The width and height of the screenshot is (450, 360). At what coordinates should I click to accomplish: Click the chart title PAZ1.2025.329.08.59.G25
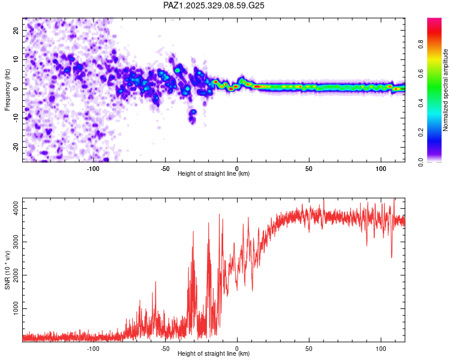pyautogui.click(x=214, y=5)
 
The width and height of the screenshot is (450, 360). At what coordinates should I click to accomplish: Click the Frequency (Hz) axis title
pyautogui.click(x=7, y=91)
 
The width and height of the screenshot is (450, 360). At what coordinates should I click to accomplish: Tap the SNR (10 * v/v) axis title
pyautogui.click(x=7, y=271)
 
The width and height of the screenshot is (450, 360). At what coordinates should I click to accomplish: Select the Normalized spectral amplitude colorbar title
pyautogui.click(x=446, y=90)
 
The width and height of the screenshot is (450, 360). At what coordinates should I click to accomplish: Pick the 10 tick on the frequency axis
pyautogui.click(x=16, y=59)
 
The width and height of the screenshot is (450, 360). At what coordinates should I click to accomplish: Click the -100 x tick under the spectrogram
pyautogui.click(x=93, y=168)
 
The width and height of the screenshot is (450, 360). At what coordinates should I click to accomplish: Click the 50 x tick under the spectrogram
pyautogui.click(x=309, y=168)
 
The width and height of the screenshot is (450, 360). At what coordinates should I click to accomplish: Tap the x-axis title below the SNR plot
pyautogui.click(x=214, y=354)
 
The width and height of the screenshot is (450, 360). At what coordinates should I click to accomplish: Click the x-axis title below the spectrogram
pyautogui.click(x=214, y=174)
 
